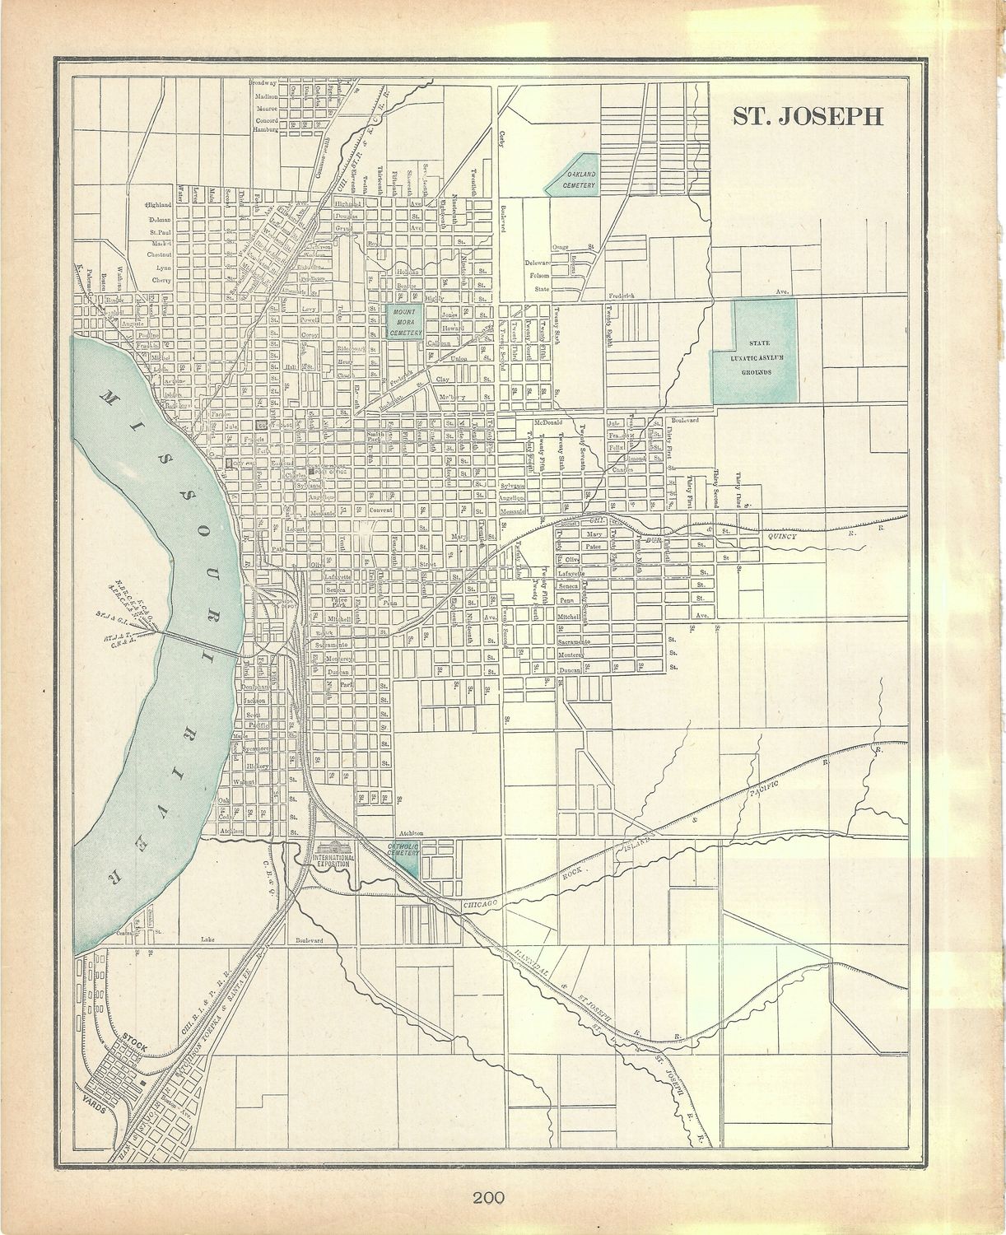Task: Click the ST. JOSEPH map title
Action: tap(808, 116)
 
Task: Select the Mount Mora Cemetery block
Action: tap(405, 320)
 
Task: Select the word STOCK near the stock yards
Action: tap(133, 1046)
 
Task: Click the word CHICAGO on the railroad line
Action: tap(482, 904)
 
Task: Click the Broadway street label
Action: tap(263, 83)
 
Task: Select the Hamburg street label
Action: tap(265, 129)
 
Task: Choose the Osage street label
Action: tap(561, 247)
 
